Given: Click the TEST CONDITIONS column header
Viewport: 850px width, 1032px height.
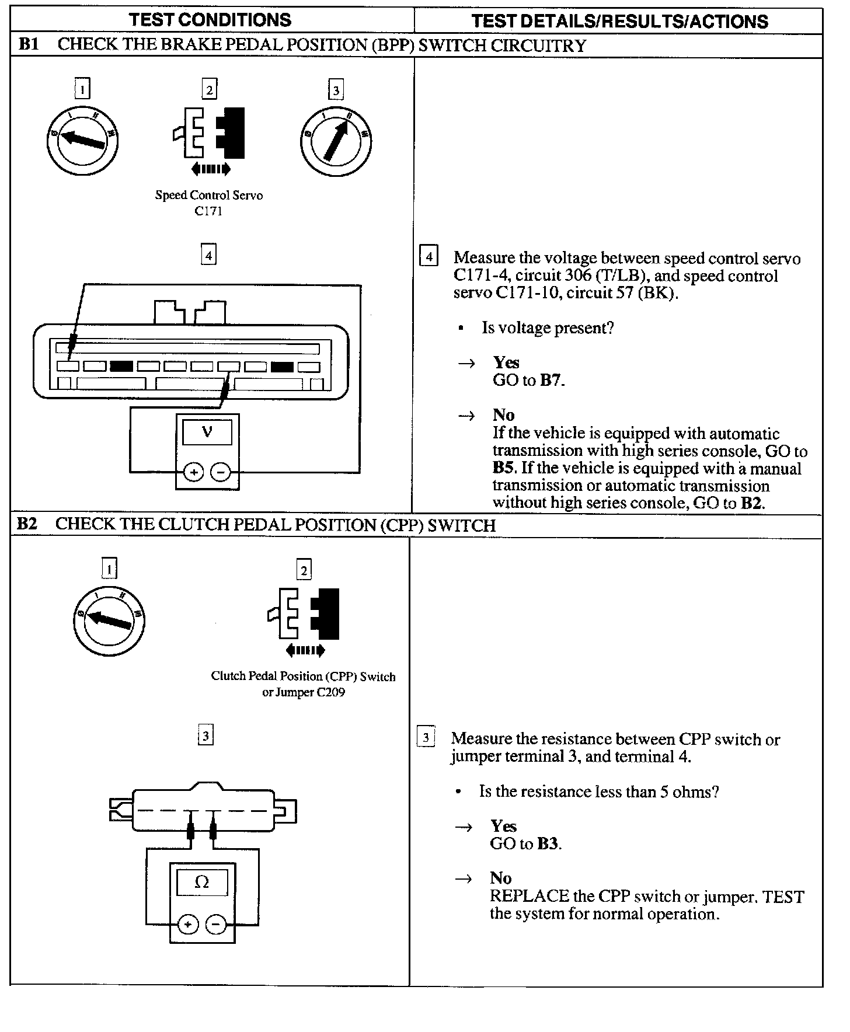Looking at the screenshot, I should point(210,20).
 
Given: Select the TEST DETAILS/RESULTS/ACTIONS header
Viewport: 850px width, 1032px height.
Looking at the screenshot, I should point(619,22).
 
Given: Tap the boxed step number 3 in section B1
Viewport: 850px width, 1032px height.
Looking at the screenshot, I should point(336,90).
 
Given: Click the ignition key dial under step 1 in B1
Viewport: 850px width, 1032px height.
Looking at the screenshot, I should point(82,140).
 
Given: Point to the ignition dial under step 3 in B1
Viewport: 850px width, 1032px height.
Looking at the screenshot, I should point(336,140).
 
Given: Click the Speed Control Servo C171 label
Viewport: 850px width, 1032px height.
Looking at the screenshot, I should point(208,203).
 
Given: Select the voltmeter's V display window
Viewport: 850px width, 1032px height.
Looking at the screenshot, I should point(207,433).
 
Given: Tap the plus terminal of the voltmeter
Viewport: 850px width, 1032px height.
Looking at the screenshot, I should point(193,472).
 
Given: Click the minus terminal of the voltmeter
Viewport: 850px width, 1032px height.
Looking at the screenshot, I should point(221,472).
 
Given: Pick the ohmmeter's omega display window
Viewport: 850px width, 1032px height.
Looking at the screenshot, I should point(202,882).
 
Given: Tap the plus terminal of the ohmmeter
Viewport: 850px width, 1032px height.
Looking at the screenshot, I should point(188,925).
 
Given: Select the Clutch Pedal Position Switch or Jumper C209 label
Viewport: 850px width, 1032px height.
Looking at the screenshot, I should point(303,684).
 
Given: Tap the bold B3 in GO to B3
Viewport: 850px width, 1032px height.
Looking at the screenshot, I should point(548,844).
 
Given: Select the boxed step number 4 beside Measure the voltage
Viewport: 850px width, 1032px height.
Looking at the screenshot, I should point(429,257).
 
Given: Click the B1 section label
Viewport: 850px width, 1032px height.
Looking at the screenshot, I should point(29,45).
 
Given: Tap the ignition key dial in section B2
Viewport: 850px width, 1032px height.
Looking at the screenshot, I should point(109,620).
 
